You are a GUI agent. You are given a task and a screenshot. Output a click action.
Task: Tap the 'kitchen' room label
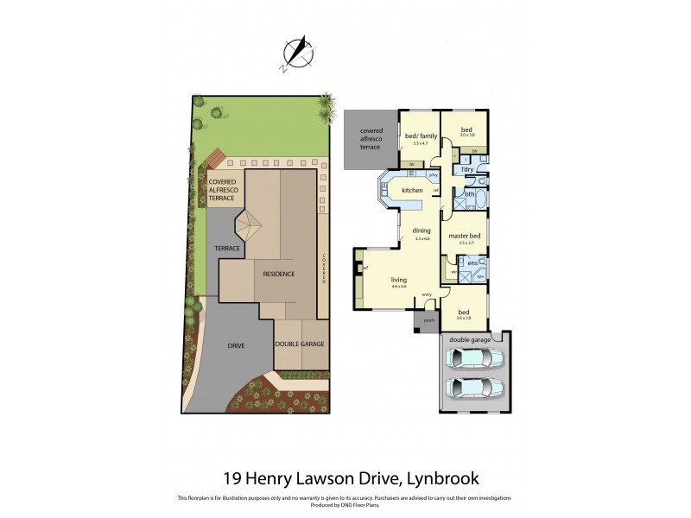click(412, 190)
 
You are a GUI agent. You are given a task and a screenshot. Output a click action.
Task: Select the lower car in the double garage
click(474, 390)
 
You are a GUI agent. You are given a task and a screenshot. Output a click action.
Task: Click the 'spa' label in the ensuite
click(480, 277)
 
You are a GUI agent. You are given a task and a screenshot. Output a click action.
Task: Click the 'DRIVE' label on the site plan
click(236, 345)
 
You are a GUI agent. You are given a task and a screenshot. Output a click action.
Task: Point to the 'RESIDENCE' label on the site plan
click(279, 274)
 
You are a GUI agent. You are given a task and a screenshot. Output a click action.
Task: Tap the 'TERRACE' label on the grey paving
click(226, 248)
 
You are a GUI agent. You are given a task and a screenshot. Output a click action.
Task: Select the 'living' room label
click(399, 280)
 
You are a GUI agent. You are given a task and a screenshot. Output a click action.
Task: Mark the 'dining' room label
click(421, 231)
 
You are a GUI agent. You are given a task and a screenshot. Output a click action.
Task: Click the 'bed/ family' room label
click(421, 136)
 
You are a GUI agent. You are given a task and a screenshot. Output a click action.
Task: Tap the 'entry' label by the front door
click(427, 295)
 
